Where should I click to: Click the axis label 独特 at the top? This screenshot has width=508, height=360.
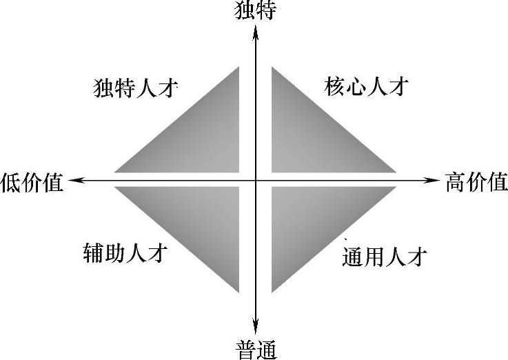(x=256, y=10)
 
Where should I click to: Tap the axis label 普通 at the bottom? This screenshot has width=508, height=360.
(x=256, y=350)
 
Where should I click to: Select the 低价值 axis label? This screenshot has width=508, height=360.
(x=32, y=182)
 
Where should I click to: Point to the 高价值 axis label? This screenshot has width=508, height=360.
(x=476, y=182)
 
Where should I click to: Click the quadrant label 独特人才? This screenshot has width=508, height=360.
(x=136, y=89)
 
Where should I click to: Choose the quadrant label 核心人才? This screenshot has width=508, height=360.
(x=366, y=88)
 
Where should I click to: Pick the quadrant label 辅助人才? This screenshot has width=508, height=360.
(x=125, y=253)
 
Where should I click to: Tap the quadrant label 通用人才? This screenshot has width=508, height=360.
(x=385, y=257)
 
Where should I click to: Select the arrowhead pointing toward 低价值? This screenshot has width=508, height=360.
(x=74, y=181)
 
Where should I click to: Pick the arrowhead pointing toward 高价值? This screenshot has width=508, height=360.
(x=434, y=181)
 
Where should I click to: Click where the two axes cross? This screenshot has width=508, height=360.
(x=256, y=181)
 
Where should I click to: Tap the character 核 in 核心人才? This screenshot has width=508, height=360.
(x=334, y=88)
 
